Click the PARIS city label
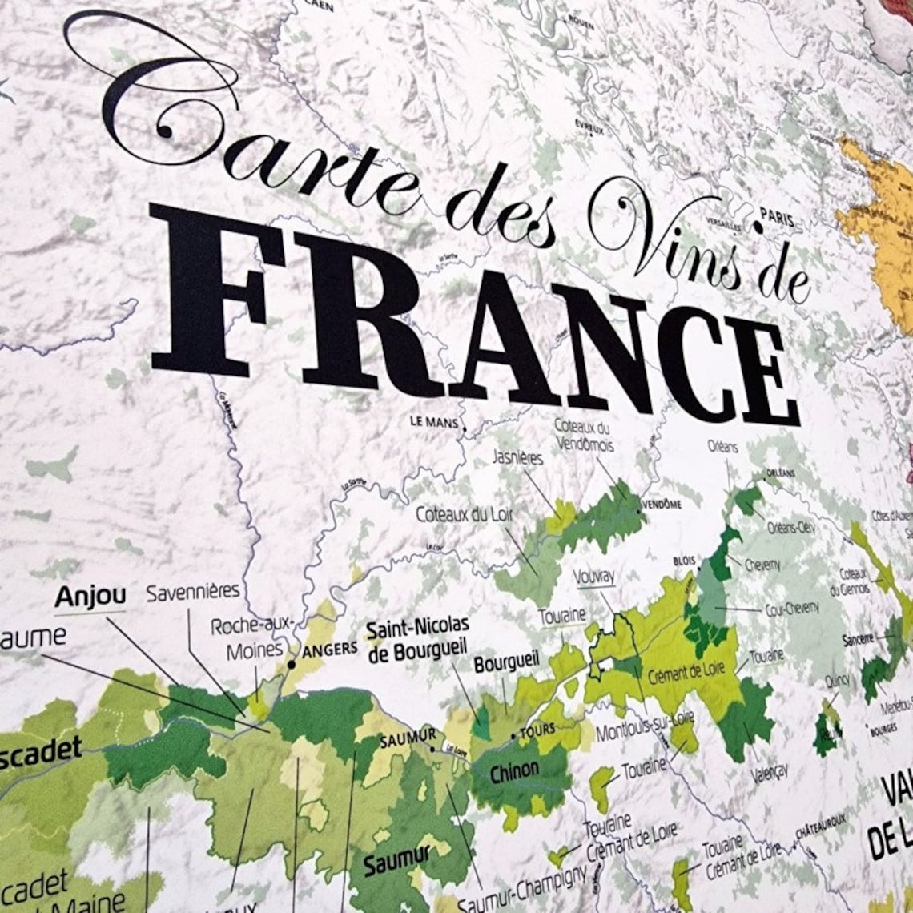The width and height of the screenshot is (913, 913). (x=776, y=218)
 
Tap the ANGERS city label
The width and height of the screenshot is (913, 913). (x=329, y=650)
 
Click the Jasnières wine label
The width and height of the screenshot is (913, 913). (x=518, y=458)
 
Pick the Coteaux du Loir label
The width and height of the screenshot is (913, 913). (x=464, y=514)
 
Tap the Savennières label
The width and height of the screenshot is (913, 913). (x=193, y=592)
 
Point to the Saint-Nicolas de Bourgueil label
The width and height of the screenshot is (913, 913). (x=416, y=641)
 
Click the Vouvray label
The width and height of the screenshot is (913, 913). (x=594, y=576)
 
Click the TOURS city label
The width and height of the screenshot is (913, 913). (x=537, y=730)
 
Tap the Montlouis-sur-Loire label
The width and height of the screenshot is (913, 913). (x=645, y=726)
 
